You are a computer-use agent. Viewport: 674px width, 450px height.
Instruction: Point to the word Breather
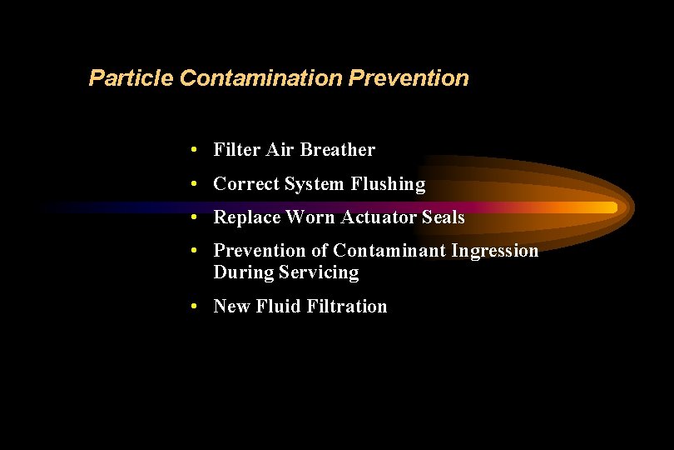pyautogui.click(x=337, y=150)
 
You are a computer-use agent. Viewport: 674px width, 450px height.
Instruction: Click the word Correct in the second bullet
pyautogui.click(x=246, y=184)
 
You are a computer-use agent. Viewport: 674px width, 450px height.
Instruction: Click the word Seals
pyautogui.click(x=443, y=217)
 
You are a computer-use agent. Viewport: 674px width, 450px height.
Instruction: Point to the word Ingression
pyautogui.click(x=495, y=251)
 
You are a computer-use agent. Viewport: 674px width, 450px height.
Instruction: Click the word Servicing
pyautogui.click(x=319, y=272)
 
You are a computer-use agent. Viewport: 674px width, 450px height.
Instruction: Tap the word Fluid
pyautogui.click(x=278, y=307)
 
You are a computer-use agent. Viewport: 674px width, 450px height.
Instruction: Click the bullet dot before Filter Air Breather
pyautogui.click(x=193, y=150)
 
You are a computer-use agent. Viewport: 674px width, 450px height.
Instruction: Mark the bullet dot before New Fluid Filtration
pyautogui.click(x=193, y=307)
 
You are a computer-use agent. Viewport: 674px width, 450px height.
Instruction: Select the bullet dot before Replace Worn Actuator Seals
pyautogui.click(x=193, y=217)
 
